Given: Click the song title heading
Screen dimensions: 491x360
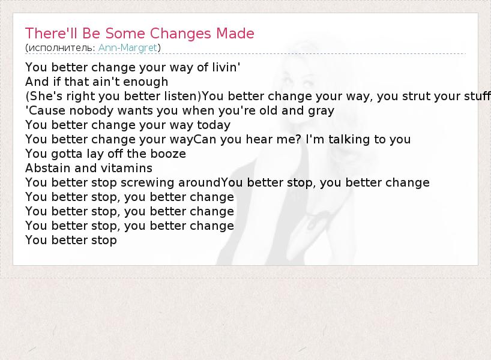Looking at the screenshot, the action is click(140, 34).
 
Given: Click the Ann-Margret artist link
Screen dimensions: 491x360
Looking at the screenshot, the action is click(127, 48).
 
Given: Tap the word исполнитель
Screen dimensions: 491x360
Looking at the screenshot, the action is click(62, 48).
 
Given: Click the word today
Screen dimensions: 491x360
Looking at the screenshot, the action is click(214, 125).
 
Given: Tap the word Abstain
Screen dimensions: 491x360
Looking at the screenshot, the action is click(48, 168).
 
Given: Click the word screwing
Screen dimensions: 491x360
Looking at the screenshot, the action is click(147, 183).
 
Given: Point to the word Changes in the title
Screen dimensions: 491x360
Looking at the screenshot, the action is click(180, 34).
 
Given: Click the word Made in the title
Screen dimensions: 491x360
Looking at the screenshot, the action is click(235, 34).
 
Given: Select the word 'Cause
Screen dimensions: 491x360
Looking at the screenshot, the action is click(46, 110).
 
